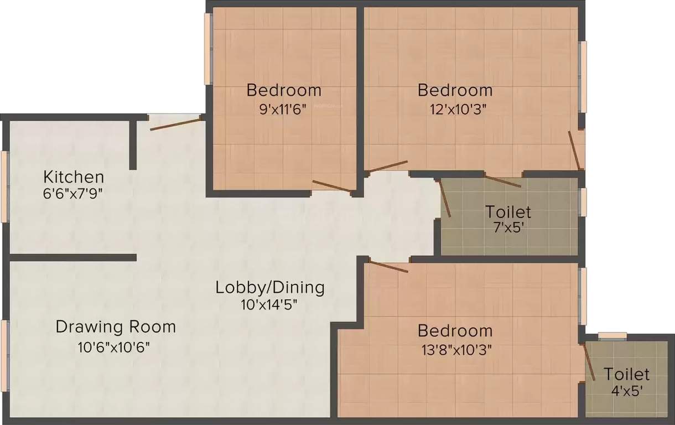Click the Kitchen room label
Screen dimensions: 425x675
pyautogui.click(x=74, y=177)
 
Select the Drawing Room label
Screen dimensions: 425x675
pyautogui.click(x=116, y=326)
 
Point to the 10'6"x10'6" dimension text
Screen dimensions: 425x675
pyautogui.click(x=114, y=348)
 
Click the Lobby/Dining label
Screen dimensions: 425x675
pyautogui.click(x=270, y=288)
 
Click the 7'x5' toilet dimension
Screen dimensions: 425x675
pyautogui.click(x=508, y=227)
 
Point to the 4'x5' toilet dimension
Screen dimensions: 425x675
pyautogui.click(x=626, y=391)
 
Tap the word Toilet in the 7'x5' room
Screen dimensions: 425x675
pyautogui.click(x=508, y=211)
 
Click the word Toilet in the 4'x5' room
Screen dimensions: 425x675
pyautogui.click(x=626, y=374)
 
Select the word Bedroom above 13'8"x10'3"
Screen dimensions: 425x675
pyautogui.click(x=455, y=331)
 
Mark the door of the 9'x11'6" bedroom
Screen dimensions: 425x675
pyautogui.click(x=332, y=186)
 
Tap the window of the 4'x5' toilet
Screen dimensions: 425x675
pyautogui.click(x=612, y=335)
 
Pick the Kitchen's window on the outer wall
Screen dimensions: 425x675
pyautogui.click(x=4, y=186)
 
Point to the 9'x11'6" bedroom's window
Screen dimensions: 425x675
pyautogui.click(x=208, y=49)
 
